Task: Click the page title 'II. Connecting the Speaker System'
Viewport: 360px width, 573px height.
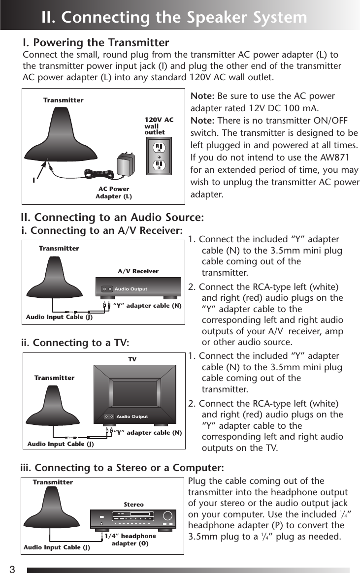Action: [174, 17]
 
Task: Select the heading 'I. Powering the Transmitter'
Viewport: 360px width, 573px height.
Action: [96, 42]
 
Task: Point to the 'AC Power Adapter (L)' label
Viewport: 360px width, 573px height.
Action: [114, 192]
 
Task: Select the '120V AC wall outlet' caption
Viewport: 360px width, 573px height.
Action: [159, 126]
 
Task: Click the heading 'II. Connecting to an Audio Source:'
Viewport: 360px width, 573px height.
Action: [112, 217]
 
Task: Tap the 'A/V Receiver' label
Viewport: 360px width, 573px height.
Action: [138, 271]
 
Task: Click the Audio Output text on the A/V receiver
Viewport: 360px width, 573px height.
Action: [131, 289]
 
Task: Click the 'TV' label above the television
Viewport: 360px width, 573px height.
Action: [132, 359]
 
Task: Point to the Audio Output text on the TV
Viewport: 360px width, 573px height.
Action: [132, 416]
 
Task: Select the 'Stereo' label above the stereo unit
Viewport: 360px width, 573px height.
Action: [133, 505]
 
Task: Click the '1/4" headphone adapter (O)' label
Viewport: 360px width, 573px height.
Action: [130, 540]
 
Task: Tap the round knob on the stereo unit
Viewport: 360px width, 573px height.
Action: [168, 517]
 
